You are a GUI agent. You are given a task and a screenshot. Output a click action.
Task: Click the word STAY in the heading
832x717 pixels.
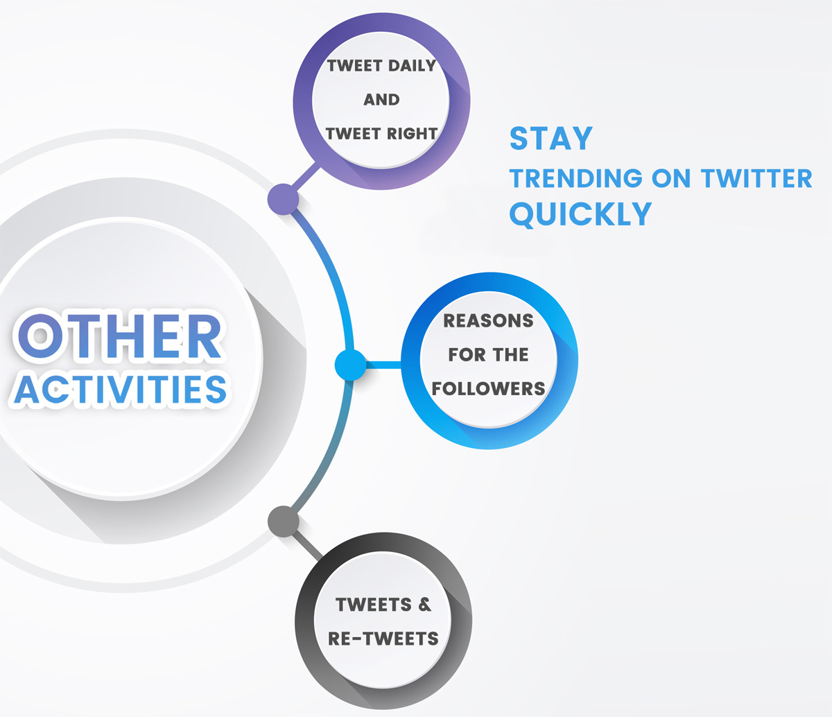(x=551, y=139)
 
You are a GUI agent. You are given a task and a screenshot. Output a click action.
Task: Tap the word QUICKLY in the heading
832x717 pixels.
(x=581, y=214)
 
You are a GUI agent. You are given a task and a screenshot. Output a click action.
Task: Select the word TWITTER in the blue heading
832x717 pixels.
(x=756, y=178)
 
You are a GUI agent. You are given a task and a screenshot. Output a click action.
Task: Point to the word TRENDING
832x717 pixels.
(x=576, y=178)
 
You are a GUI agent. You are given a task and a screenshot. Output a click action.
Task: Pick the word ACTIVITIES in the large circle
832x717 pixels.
(x=121, y=389)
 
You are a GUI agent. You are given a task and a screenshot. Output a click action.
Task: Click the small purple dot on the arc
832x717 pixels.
(x=283, y=200)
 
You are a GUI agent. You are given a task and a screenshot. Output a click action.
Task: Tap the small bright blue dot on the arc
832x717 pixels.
(x=350, y=365)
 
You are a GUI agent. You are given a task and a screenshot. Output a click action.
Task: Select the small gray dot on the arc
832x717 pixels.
(x=283, y=521)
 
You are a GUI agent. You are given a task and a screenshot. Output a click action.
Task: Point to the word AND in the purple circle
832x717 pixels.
(x=381, y=100)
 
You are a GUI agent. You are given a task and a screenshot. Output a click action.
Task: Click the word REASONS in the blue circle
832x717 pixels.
(x=489, y=321)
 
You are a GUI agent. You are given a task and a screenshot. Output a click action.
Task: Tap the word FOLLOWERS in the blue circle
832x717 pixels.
(x=489, y=388)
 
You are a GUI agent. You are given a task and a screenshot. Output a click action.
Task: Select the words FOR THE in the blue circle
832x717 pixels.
(x=489, y=355)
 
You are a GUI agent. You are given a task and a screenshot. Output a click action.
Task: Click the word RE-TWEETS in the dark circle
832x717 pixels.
(x=383, y=638)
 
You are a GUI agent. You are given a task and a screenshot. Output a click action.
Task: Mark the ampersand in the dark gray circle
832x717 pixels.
(x=424, y=605)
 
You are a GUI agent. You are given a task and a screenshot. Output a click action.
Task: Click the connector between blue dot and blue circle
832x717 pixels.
(x=385, y=365)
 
